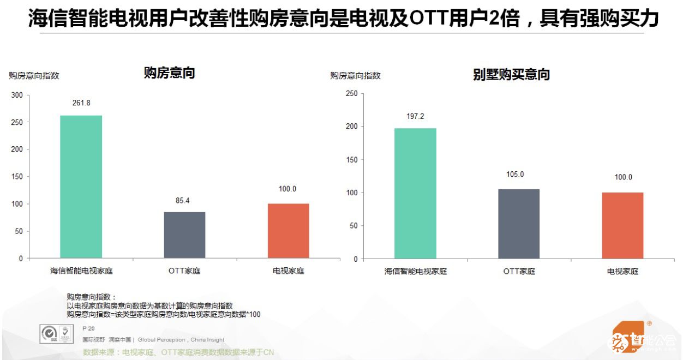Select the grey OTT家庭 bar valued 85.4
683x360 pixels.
(184, 235)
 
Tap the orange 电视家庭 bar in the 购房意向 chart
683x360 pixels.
(288, 231)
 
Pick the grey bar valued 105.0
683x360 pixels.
(518, 224)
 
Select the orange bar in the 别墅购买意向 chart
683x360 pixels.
(622, 225)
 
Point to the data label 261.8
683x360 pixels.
(81, 103)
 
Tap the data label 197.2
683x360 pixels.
(415, 116)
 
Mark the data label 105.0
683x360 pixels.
(514, 175)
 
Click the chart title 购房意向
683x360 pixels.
(169, 73)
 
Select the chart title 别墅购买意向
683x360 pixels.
(511, 75)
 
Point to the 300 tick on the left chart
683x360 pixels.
(17, 95)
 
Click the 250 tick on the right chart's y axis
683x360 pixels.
(352, 94)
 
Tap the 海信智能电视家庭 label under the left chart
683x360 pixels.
(81, 270)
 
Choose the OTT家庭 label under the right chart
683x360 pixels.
(519, 271)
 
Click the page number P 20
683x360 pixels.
(88, 328)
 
